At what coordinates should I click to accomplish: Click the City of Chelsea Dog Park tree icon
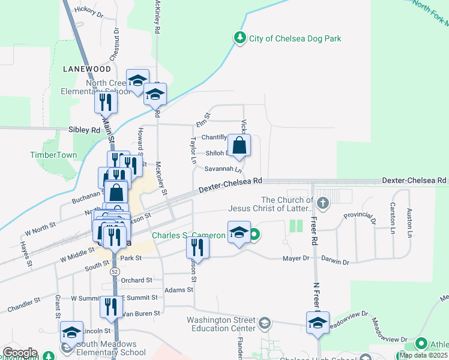pos(240,38)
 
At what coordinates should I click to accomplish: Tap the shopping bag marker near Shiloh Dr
pos(239,146)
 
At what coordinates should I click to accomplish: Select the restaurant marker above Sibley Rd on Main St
pos(106,103)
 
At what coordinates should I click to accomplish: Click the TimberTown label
pos(54,155)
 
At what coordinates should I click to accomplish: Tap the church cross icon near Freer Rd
pos(323,202)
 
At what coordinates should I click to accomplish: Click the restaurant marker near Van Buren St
pos(110,308)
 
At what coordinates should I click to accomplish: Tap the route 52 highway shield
pos(114,272)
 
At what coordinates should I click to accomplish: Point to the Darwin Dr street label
pos(334,262)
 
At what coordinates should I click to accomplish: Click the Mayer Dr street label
pos(296,259)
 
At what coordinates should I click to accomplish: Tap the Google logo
pos(20,353)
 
